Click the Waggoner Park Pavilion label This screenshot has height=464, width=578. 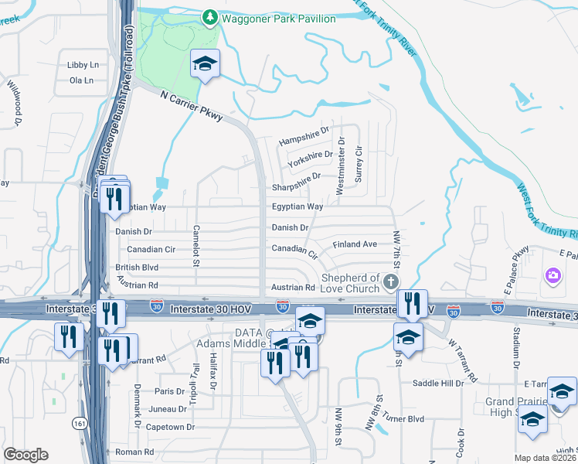click(278, 18)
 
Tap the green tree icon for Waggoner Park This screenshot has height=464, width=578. click(209, 17)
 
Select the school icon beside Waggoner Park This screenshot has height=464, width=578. click(206, 64)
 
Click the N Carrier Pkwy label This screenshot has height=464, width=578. click(192, 106)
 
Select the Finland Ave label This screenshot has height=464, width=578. click(355, 244)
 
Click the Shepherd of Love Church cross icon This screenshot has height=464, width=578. click(391, 281)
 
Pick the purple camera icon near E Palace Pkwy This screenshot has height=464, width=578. click(552, 275)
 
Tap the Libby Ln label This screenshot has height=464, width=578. click(83, 65)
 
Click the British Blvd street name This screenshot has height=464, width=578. click(137, 268)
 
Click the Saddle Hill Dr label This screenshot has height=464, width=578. click(437, 383)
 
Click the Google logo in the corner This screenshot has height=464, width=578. click(25, 455)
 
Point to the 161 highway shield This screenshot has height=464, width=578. click(79, 423)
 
